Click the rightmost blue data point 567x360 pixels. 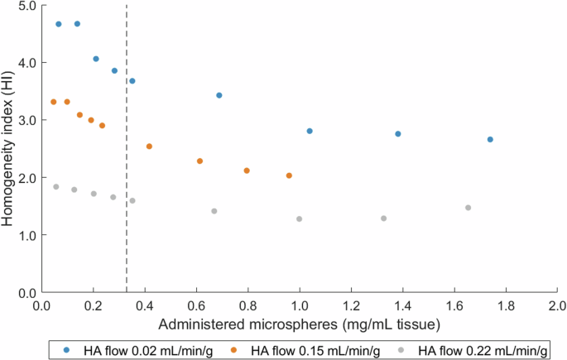coord(490,139)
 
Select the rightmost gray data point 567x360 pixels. coord(468,208)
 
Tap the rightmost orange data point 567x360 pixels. coord(289,175)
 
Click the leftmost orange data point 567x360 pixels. coord(54,102)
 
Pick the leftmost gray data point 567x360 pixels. coord(56,187)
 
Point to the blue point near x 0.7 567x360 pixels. coord(219,95)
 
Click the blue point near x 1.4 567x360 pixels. coord(398,133)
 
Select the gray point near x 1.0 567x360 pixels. coord(299,219)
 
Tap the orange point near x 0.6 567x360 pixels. coord(199,161)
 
